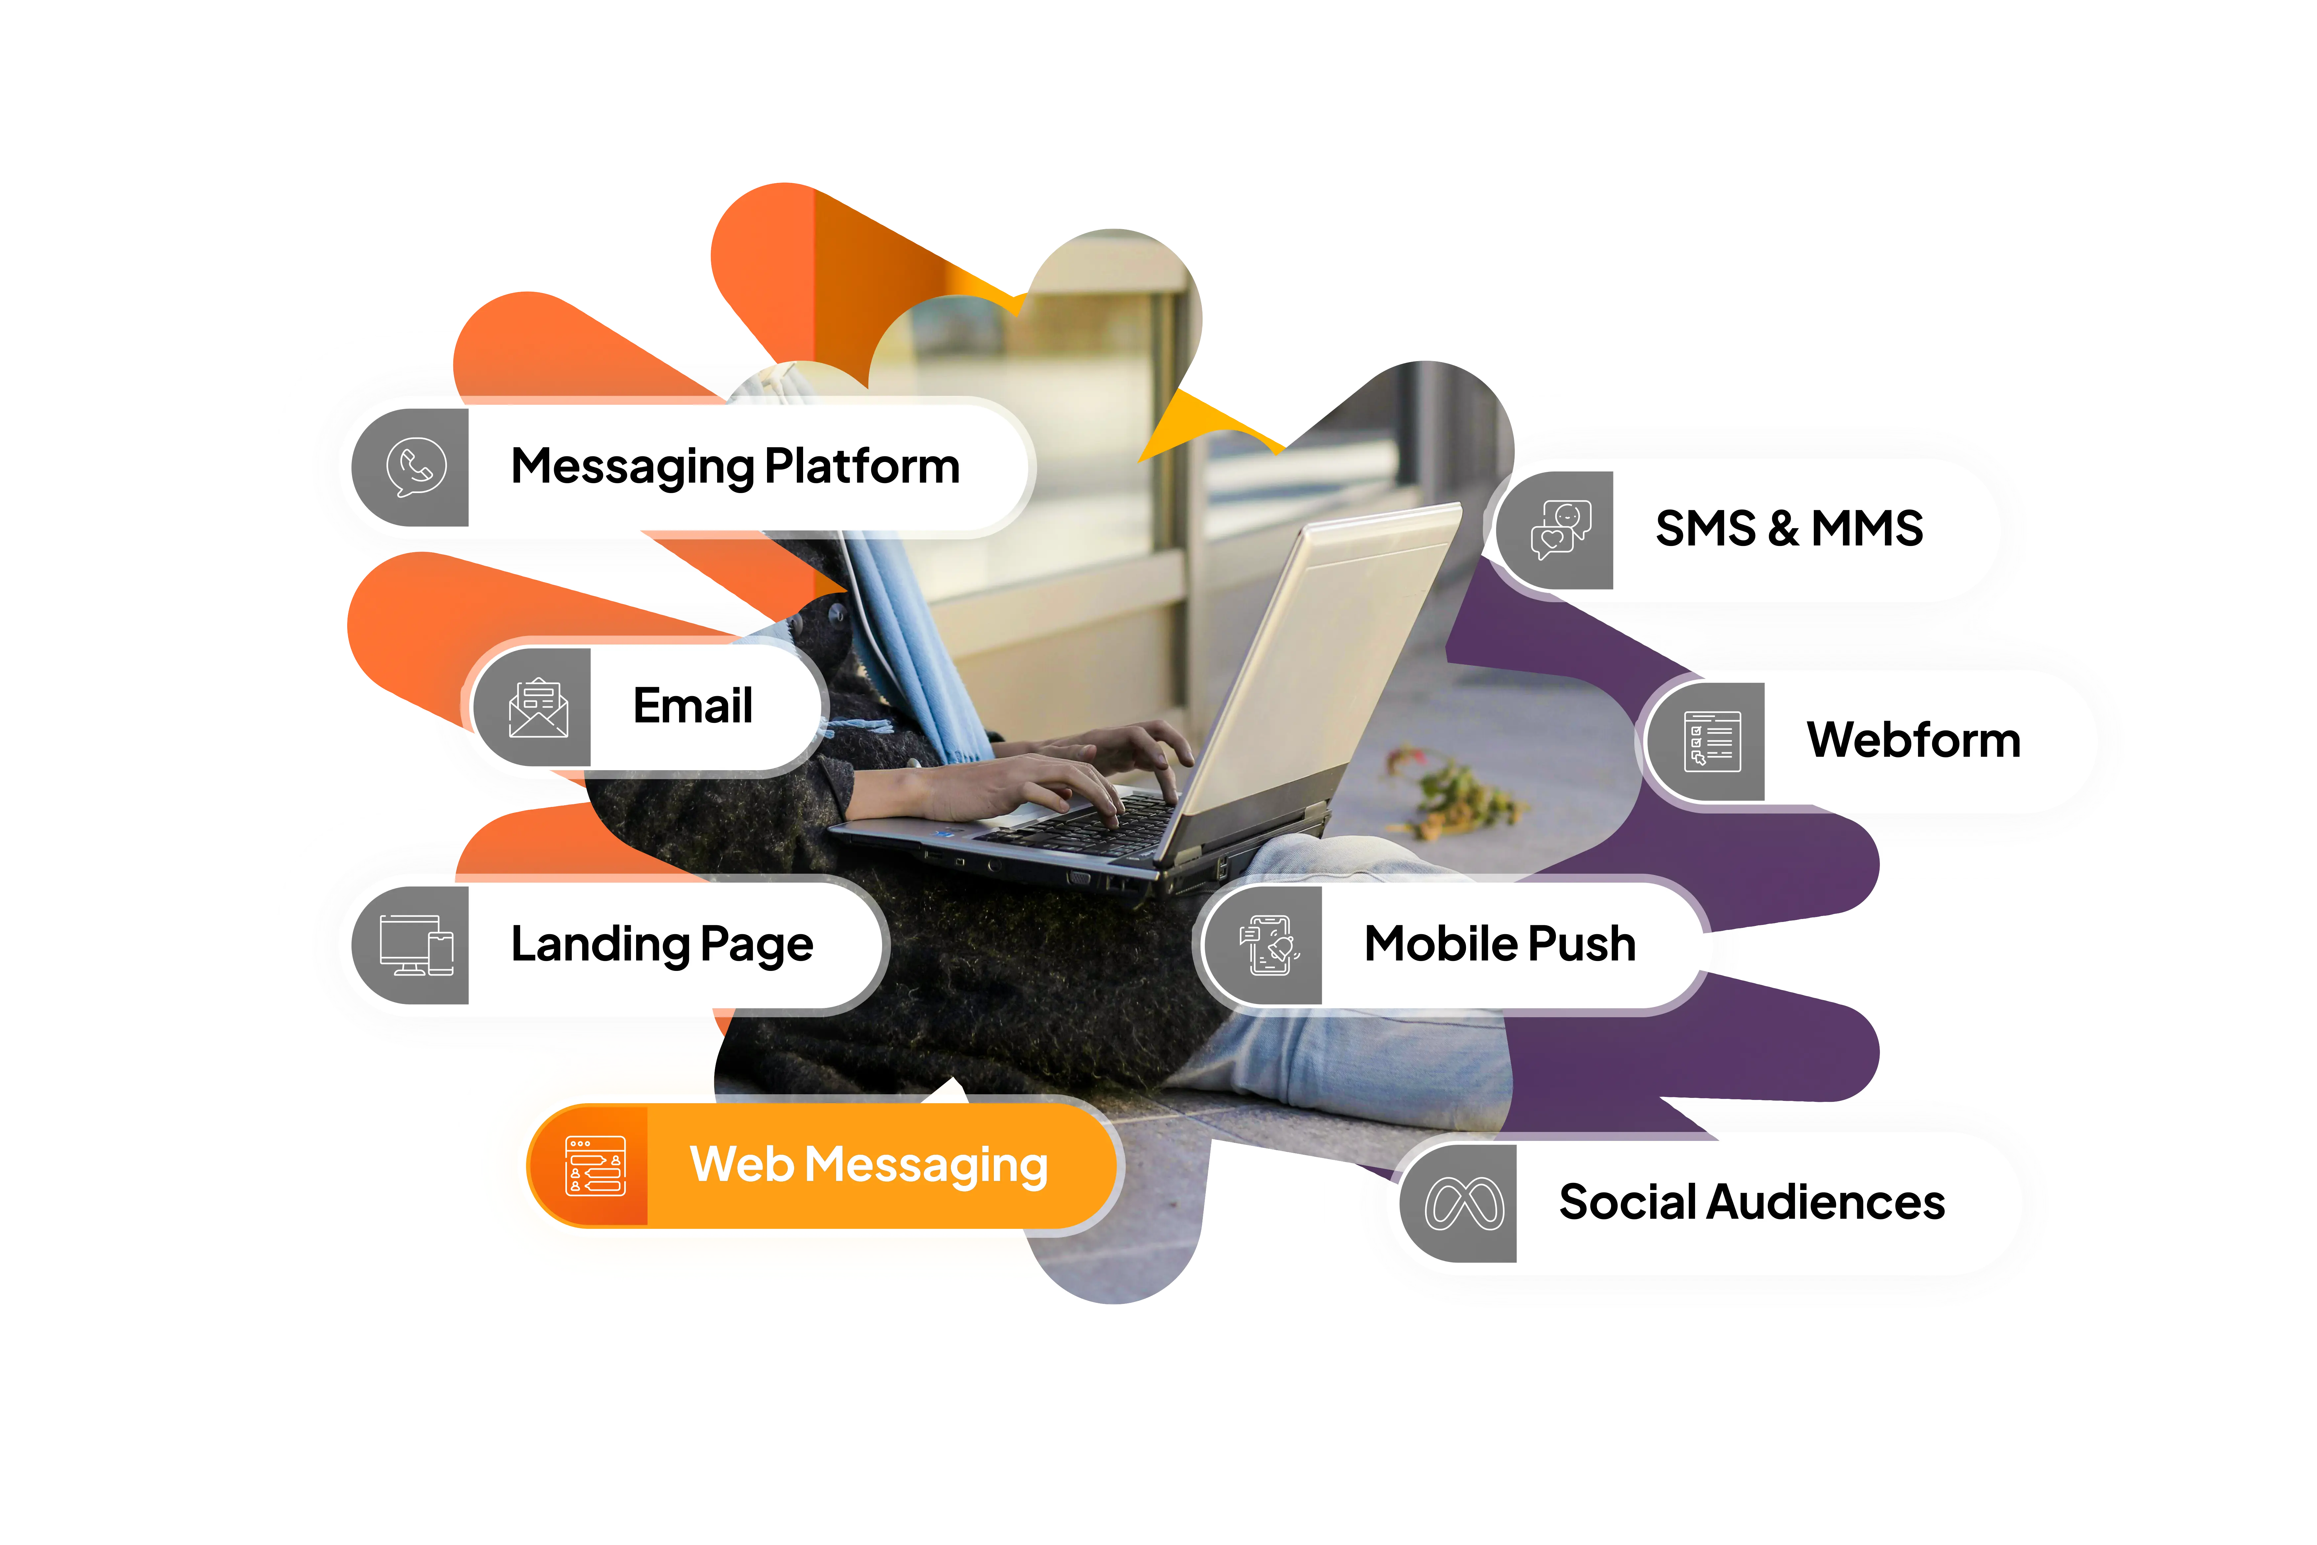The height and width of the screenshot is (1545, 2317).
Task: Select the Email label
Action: click(x=693, y=705)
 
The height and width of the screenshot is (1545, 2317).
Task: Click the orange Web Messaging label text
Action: click(x=868, y=1166)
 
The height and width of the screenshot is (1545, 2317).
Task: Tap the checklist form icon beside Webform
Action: click(x=1711, y=741)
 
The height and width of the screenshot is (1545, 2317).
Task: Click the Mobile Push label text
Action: click(x=1499, y=944)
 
